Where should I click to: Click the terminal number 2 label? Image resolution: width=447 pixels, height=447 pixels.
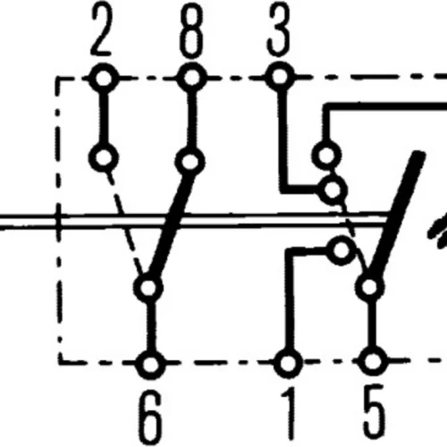coord(102,30)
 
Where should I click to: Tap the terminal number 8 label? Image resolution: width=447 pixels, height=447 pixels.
coord(191,30)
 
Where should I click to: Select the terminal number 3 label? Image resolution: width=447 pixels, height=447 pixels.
coord(278,30)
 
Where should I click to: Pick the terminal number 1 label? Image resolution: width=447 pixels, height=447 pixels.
coord(289,414)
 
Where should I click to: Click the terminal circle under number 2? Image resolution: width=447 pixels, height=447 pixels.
coord(104,78)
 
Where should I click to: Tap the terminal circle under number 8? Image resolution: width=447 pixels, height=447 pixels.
coord(191,77)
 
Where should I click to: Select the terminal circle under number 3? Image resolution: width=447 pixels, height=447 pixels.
coord(280,76)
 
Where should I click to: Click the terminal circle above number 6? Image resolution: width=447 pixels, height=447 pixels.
coord(150,364)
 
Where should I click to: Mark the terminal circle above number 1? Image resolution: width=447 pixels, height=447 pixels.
coord(288,363)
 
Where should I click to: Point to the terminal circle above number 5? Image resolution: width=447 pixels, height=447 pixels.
coord(373,361)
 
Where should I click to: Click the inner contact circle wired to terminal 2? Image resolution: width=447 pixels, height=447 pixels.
coord(104,157)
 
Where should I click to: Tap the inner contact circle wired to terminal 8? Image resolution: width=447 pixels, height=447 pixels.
coord(190,161)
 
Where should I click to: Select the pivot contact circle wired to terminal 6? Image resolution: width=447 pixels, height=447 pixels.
coord(148,288)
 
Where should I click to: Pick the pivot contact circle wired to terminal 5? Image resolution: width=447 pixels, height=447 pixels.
coord(369,287)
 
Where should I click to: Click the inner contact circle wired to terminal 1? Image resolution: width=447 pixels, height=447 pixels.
coord(342,250)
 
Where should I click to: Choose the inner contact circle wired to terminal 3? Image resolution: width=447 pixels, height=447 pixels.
coord(333,190)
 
